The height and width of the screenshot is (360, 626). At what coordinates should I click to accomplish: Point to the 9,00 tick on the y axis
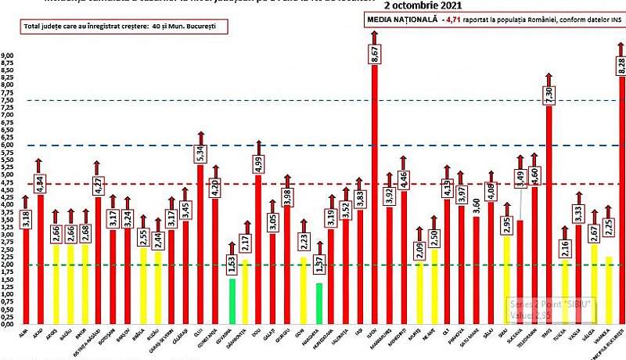pyautogui.click(x=8, y=55)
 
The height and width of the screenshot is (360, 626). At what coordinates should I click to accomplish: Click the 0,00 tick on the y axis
pyautogui.click(x=8, y=323)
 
